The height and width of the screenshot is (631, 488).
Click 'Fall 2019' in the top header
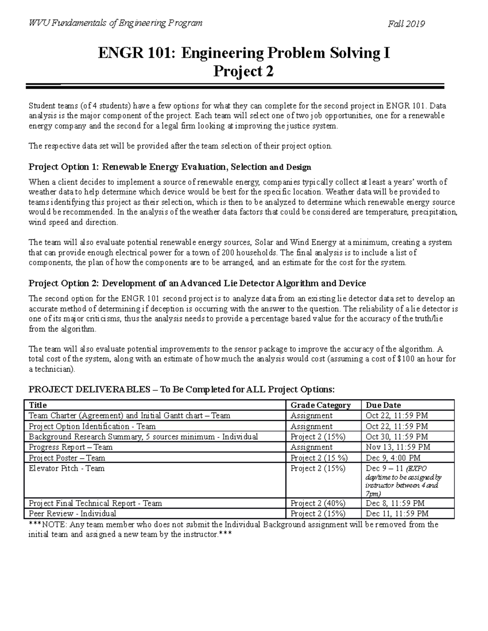(x=406, y=24)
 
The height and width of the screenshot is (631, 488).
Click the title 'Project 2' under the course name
(x=244, y=72)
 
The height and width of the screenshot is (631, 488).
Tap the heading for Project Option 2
(x=197, y=283)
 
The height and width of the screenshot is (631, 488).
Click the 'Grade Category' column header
(x=320, y=405)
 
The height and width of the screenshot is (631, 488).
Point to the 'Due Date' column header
(x=383, y=405)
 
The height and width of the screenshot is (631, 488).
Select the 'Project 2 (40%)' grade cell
(x=318, y=503)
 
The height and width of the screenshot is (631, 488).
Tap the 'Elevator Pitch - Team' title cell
(x=67, y=468)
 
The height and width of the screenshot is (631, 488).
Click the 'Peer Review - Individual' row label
(x=72, y=514)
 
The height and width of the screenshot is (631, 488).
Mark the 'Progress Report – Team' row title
(x=71, y=447)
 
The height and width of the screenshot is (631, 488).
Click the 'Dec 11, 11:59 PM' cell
(x=397, y=514)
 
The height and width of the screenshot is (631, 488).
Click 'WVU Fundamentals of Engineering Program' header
(x=115, y=23)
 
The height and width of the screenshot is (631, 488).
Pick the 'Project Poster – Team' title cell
(x=67, y=458)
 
